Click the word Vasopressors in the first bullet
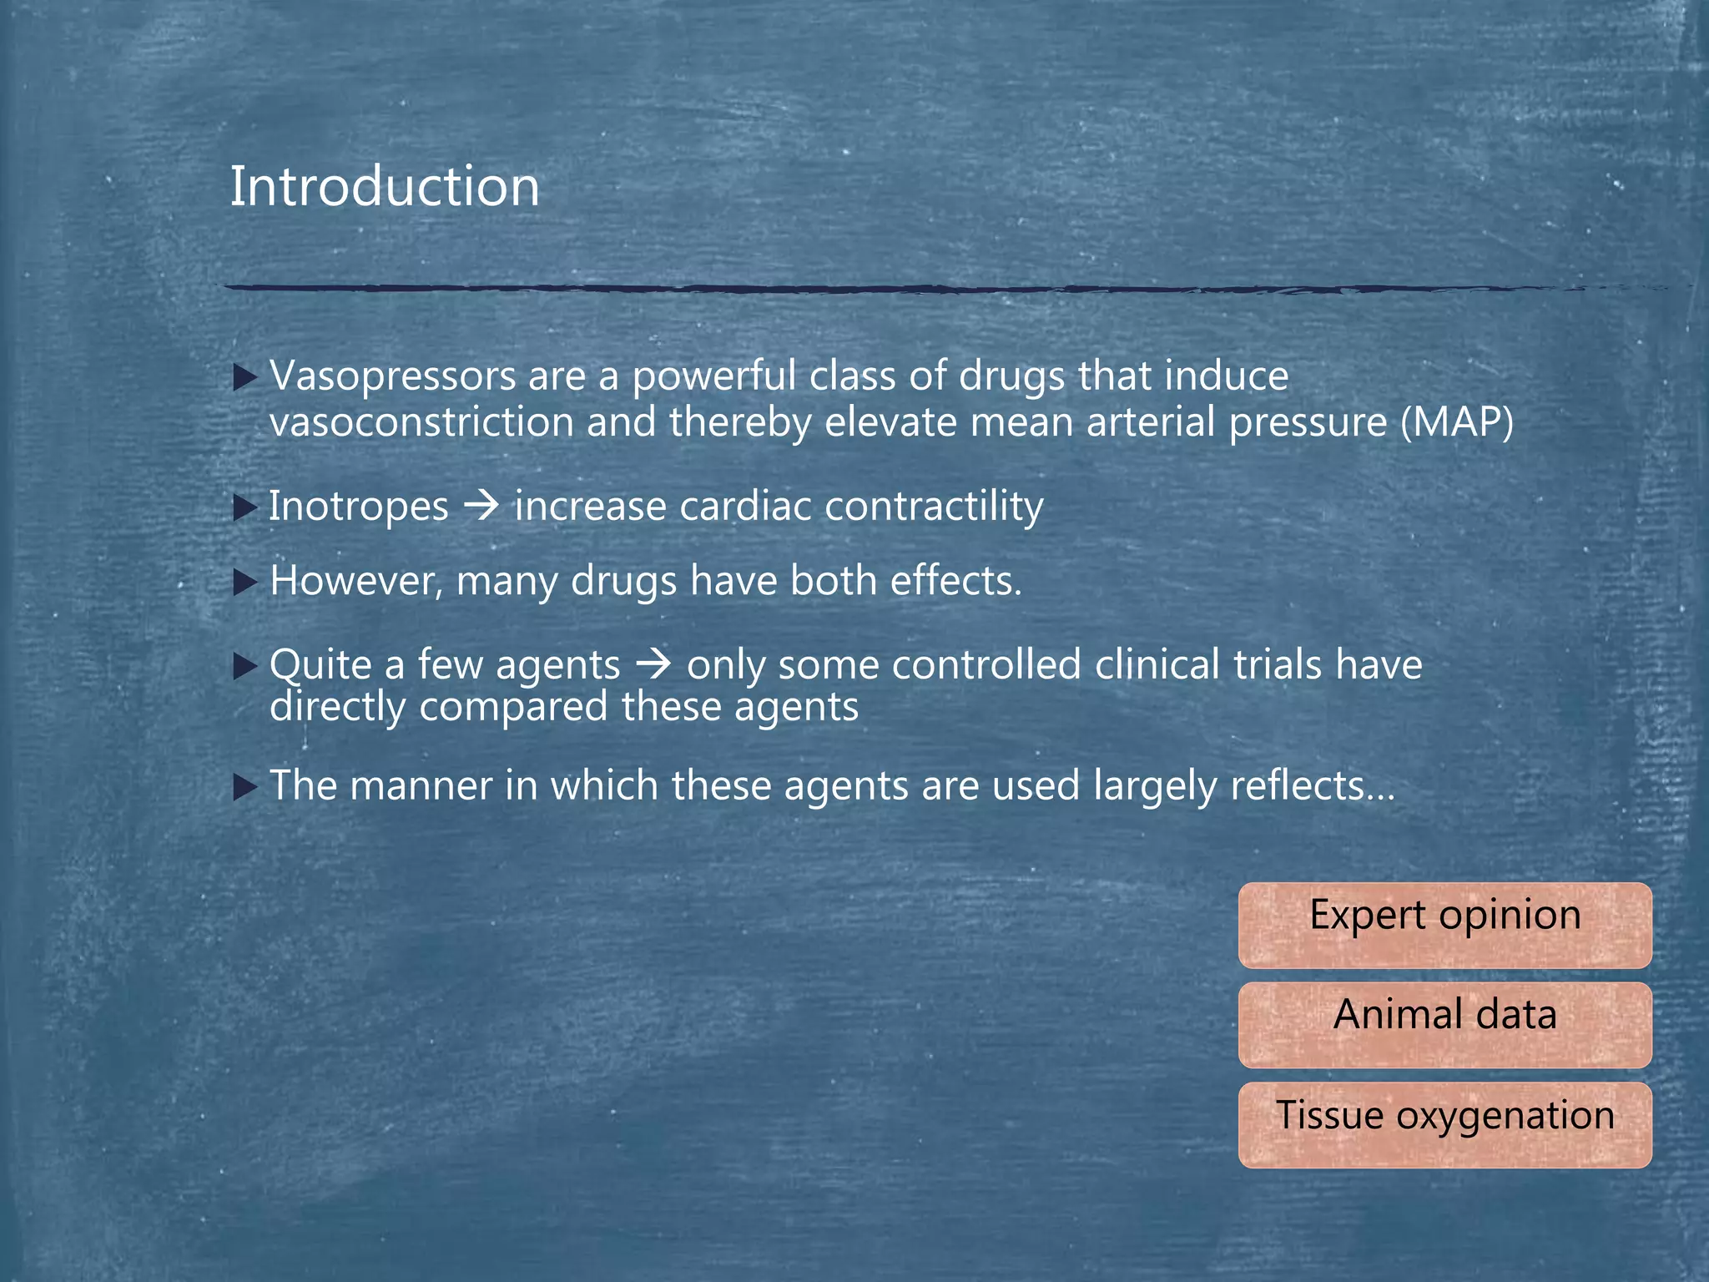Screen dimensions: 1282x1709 click(393, 376)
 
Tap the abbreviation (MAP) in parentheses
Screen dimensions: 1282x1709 click(1456, 422)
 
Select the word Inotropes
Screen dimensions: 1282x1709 click(359, 507)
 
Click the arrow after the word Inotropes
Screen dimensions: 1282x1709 click(481, 506)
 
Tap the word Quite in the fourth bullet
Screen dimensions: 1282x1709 click(320, 665)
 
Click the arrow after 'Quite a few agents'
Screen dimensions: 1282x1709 click(653, 664)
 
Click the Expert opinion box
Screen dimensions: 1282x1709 click(1444, 925)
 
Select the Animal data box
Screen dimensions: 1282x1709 click(1444, 1025)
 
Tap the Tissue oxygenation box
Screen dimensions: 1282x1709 click(1444, 1125)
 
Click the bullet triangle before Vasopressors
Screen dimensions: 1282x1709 click(245, 379)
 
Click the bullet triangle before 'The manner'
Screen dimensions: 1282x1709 click(245, 787)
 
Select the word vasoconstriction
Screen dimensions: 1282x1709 click(421, 422)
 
